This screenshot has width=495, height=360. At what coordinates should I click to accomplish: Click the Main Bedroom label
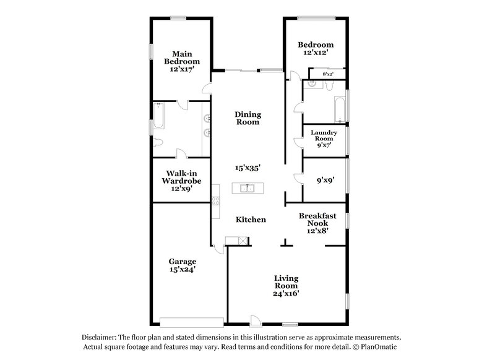(182, 58)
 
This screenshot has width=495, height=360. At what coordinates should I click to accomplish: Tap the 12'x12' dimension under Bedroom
(316, 53)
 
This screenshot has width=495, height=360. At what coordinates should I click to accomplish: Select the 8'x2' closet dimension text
(328, 74)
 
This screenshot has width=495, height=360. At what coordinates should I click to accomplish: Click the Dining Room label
(247, 118)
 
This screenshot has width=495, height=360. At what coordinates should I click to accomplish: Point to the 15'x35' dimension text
(247, 168)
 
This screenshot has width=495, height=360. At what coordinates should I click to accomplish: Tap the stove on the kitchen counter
(215, 200)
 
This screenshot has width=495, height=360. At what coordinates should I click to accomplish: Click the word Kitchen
(251, 220)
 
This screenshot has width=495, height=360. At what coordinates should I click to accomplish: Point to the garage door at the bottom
(192, 322)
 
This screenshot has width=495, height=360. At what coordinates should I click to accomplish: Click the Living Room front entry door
(255, 320)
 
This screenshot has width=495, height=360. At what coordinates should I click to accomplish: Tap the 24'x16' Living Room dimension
(287, 294)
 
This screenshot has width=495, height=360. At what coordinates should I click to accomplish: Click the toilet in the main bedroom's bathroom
(158, 143)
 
